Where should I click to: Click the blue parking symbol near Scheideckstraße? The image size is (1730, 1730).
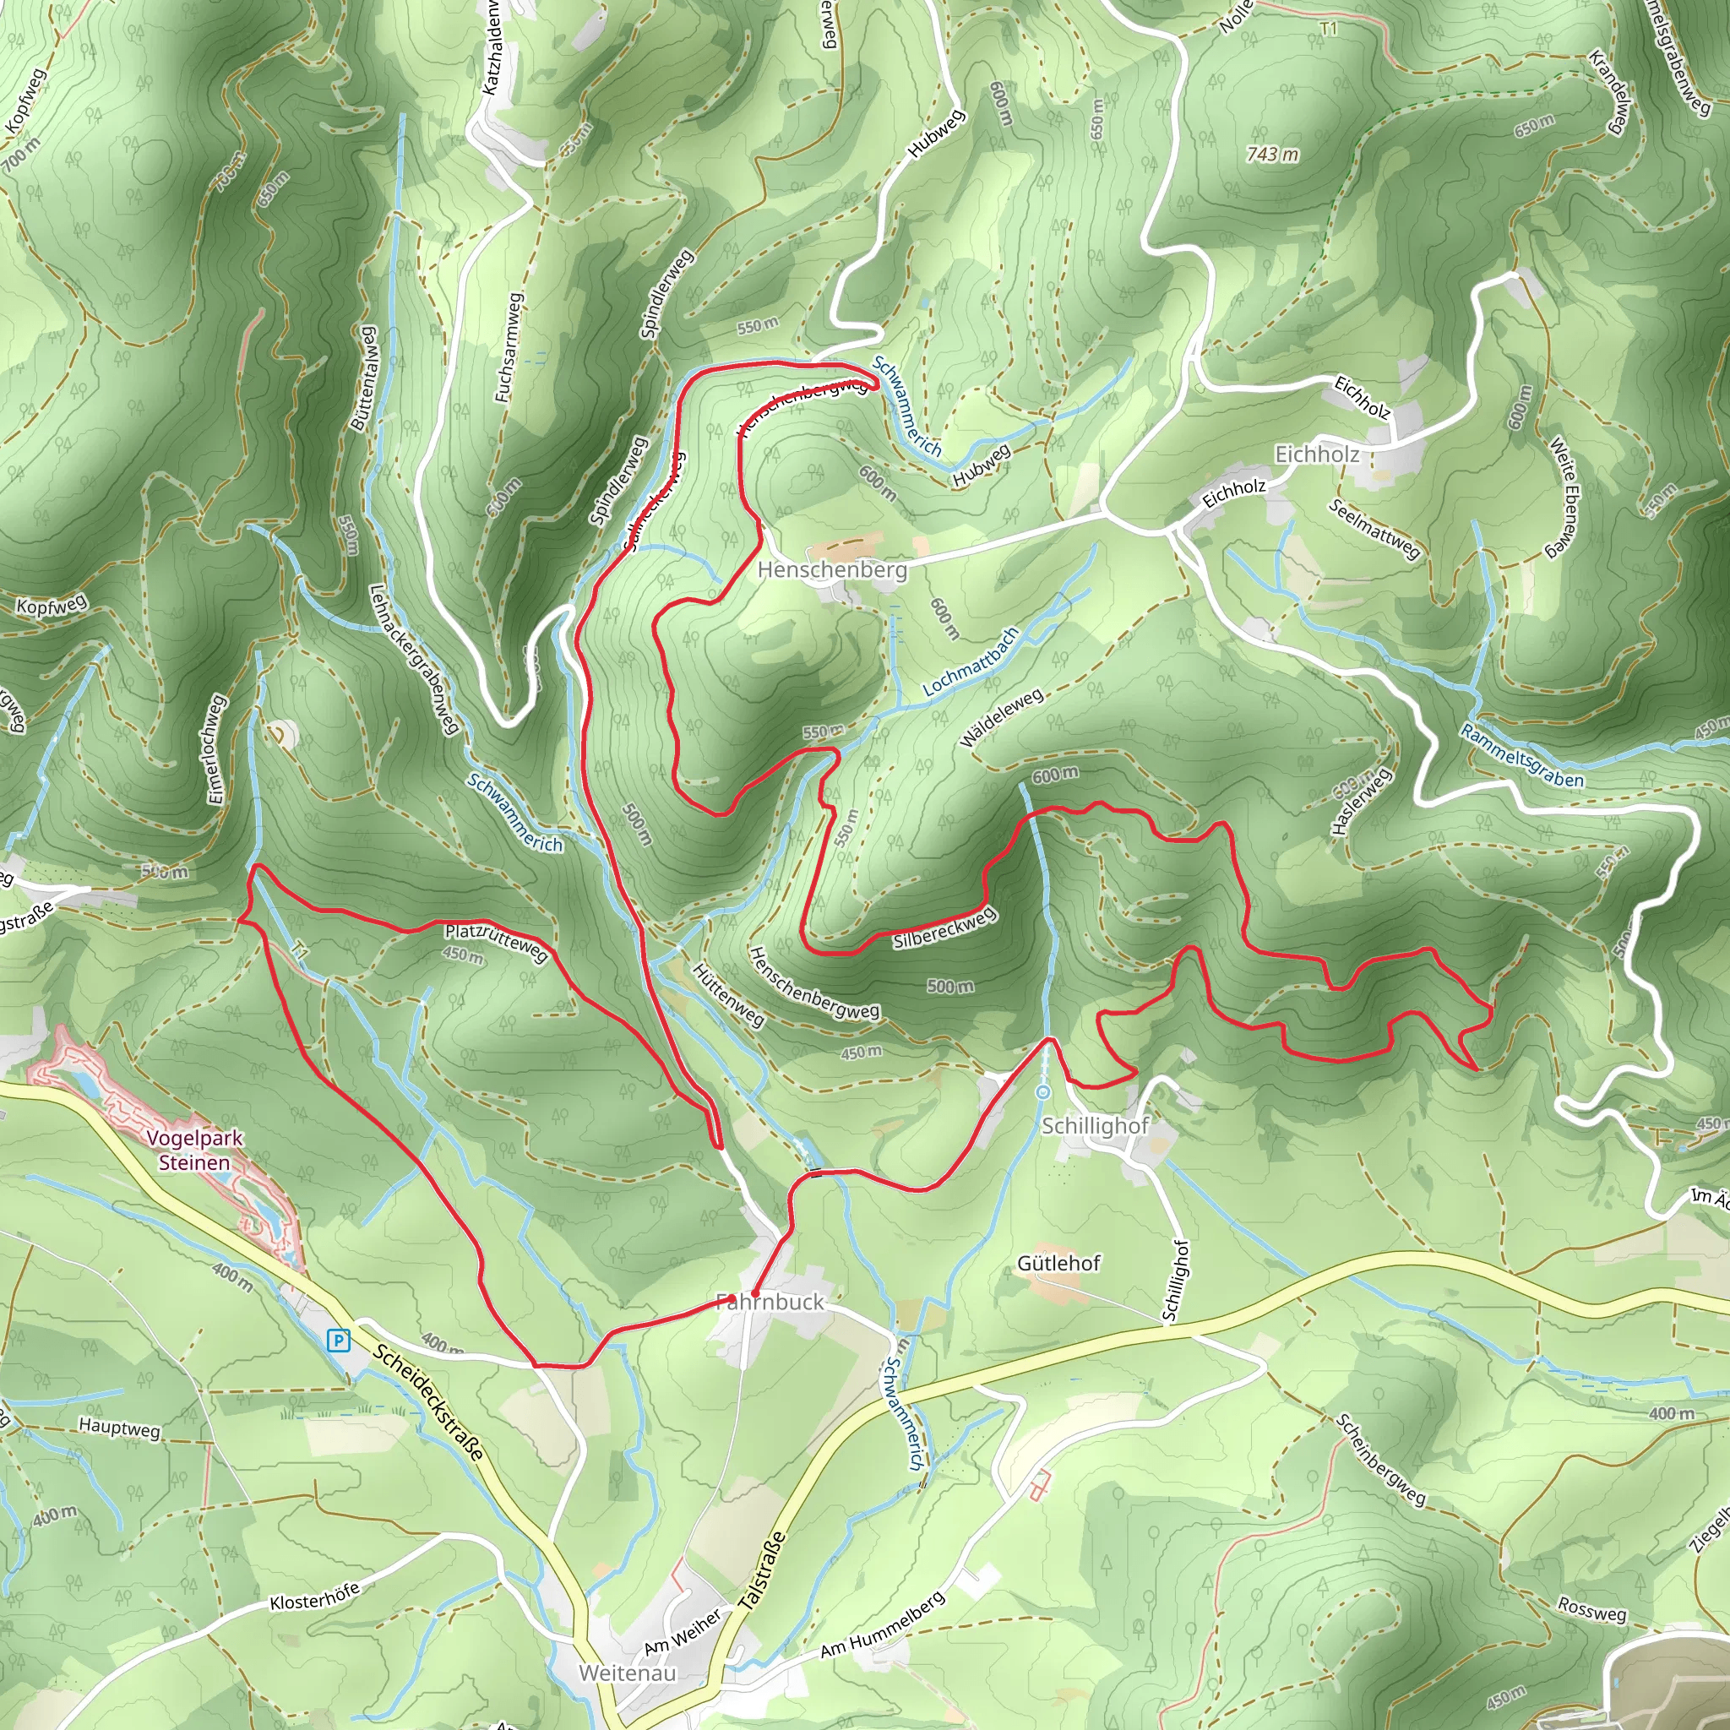point(338,1340)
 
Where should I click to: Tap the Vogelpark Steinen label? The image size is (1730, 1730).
point(194,1151)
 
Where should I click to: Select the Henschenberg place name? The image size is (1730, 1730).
point(832,569)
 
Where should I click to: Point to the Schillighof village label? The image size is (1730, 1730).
point(1094,1125)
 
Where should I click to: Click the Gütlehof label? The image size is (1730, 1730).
point(1058,1264)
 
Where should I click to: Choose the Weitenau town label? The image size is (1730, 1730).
point(628,1673)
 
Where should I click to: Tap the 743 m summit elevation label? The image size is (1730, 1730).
point(1272,155)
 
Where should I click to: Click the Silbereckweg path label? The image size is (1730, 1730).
point(944,928)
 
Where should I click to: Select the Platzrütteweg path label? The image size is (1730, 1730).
point(496,941)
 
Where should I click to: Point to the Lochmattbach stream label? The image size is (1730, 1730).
point(971,661)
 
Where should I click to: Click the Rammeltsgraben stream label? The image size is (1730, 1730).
point(1521,757)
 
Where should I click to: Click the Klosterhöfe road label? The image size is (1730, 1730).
point(314,1596)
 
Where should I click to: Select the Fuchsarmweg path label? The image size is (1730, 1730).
point(509,346)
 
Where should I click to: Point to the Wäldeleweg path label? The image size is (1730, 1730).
point(1001,718)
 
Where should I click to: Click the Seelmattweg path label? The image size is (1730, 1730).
point(1374,528)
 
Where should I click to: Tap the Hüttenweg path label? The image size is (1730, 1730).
point(729,995)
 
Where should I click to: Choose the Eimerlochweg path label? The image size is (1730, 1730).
point(215,749)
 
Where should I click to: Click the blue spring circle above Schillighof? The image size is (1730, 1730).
point(1043,1091)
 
